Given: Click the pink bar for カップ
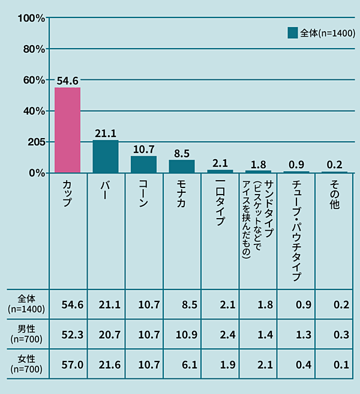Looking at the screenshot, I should (68, 130).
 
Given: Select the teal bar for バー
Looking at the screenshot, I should (106, 157).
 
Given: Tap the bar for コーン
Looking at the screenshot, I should (144, 165).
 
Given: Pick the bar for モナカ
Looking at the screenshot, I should (182, 166).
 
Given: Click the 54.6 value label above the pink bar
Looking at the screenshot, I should (68, 80).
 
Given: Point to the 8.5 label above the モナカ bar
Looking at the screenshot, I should (182, 153).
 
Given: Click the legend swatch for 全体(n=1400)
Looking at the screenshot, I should (293, 33).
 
